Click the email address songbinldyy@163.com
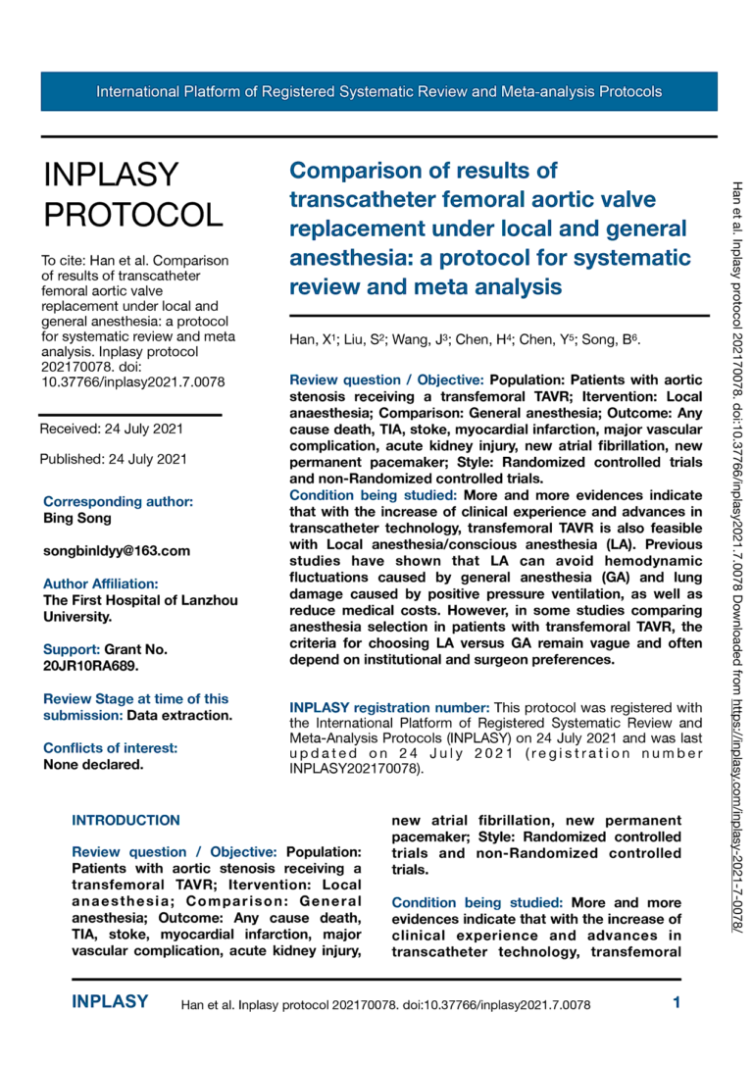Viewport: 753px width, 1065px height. click(117, 551)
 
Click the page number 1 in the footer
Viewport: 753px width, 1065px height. click(677, 1002)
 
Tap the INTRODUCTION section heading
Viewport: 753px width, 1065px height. click(126, 820)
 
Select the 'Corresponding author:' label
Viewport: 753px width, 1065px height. click(119, 501)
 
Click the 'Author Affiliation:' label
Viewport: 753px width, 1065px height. click(101, 583)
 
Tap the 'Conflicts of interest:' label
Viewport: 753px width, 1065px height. click(111, 748)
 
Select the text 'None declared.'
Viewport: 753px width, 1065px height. click(93, 764)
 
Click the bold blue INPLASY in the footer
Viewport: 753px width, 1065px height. click(110, 1002)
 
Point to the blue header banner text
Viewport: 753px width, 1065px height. click(378, 92)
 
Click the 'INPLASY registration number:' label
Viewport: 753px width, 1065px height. click(389, 707)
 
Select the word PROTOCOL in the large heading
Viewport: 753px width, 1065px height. click(134, 215)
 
